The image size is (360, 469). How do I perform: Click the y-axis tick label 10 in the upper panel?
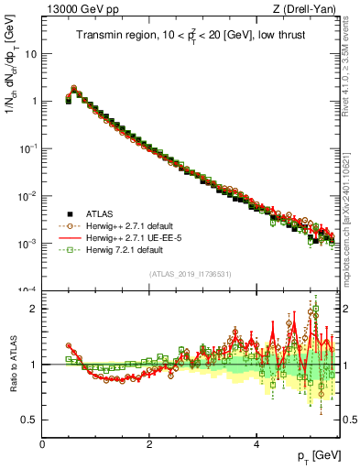point(30,53)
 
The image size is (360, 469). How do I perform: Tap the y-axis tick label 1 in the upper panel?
point(34,101)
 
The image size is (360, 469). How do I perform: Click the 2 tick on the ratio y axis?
point(34,309)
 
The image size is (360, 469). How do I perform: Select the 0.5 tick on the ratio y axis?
point(29,420)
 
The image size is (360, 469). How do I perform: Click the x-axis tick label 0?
point(42,443)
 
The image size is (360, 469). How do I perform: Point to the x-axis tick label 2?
point(149,443)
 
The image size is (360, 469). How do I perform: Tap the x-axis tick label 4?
point(256,443)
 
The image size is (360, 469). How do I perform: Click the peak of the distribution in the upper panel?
point(74,90)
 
